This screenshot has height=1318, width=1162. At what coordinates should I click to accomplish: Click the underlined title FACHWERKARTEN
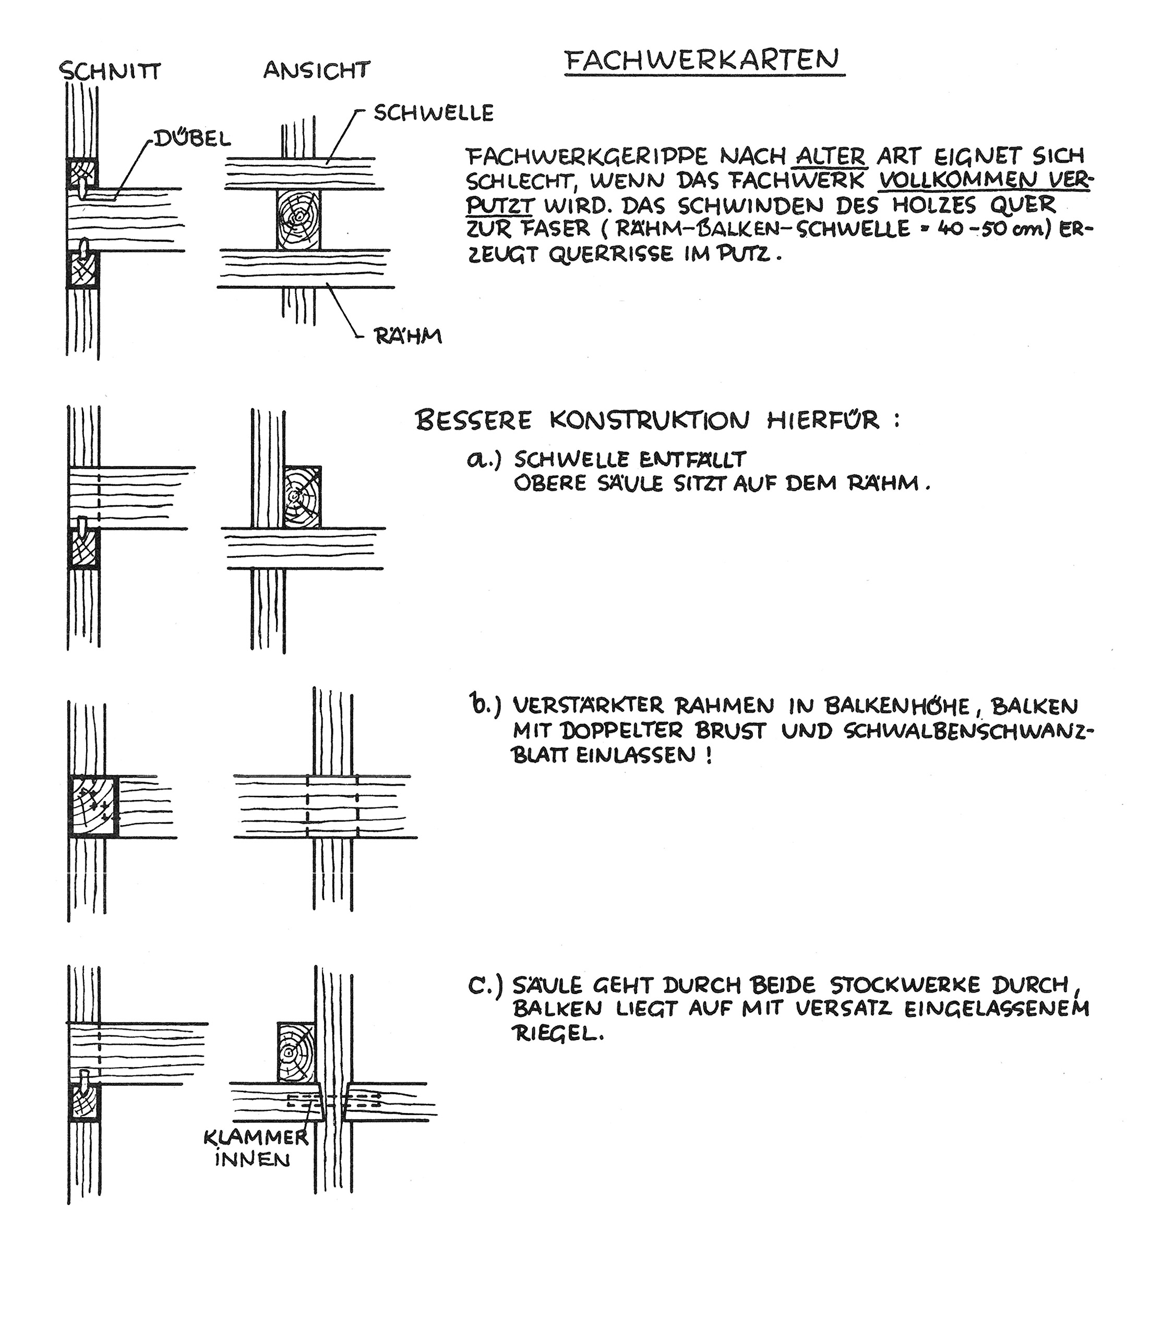click(x=704, y=61)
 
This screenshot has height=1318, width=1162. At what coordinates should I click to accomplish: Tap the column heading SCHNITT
click(x=110, y=71)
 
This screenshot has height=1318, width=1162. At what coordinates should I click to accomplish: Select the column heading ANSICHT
click(x=317, y=70)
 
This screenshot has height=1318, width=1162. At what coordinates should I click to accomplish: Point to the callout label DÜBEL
click(x=191, y=138)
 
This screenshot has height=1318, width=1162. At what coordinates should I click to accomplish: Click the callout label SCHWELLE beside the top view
click(x=434, y=113)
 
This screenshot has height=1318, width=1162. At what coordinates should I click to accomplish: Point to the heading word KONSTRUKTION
click(x=650, y=421)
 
